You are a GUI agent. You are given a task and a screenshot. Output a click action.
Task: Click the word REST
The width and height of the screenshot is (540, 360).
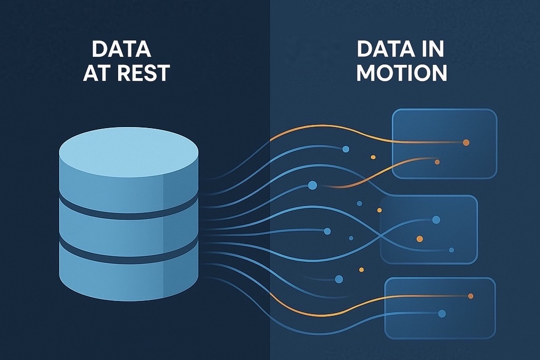pyautogui.click(x=143, y=73)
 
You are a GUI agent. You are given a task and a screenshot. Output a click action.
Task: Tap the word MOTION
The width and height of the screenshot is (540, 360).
pyautogui.click(x=401, y=73)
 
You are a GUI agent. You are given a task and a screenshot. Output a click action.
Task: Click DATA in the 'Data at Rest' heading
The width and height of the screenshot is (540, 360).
pyautogui.click(x=121, y=50)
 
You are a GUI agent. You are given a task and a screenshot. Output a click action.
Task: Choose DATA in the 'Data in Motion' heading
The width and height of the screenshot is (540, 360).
pyautogui.click(x=385, y=50)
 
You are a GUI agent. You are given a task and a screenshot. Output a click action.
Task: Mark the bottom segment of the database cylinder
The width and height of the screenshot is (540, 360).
pyautogui.click(x=129, y=277)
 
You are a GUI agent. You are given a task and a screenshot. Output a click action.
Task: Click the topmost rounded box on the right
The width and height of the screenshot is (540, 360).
pyautogui.click(x=444, y=143)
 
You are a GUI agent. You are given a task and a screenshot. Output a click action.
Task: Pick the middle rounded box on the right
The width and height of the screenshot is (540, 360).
pyautogui.click(x=428, y=229)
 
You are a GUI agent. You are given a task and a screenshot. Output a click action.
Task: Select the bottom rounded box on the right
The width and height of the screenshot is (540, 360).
pyautogui.click(x=440, y=308)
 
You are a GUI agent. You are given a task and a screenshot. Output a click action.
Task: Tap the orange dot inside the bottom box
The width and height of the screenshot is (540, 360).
pyautogui.click(x=470, y=296)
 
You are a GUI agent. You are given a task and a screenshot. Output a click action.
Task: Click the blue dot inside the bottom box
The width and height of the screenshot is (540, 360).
pyautogui.click(x=442, y=314)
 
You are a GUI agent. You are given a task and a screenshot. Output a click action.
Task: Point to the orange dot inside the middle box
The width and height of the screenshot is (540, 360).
pyautogui.click(x=420, y=239)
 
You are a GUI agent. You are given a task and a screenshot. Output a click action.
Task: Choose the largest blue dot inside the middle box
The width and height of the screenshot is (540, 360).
pyautogui.click(x=436, y=220)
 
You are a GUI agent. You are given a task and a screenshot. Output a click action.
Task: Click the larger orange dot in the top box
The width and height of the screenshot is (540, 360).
pyautogui.click(x=466, y=142)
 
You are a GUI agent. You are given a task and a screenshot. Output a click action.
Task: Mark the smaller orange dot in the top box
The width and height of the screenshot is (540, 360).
pyautogui.click(x=437, y=162)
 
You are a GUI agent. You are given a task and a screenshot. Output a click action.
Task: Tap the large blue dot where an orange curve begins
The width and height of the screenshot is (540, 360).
pyautogui.click(x=312, y=185)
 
